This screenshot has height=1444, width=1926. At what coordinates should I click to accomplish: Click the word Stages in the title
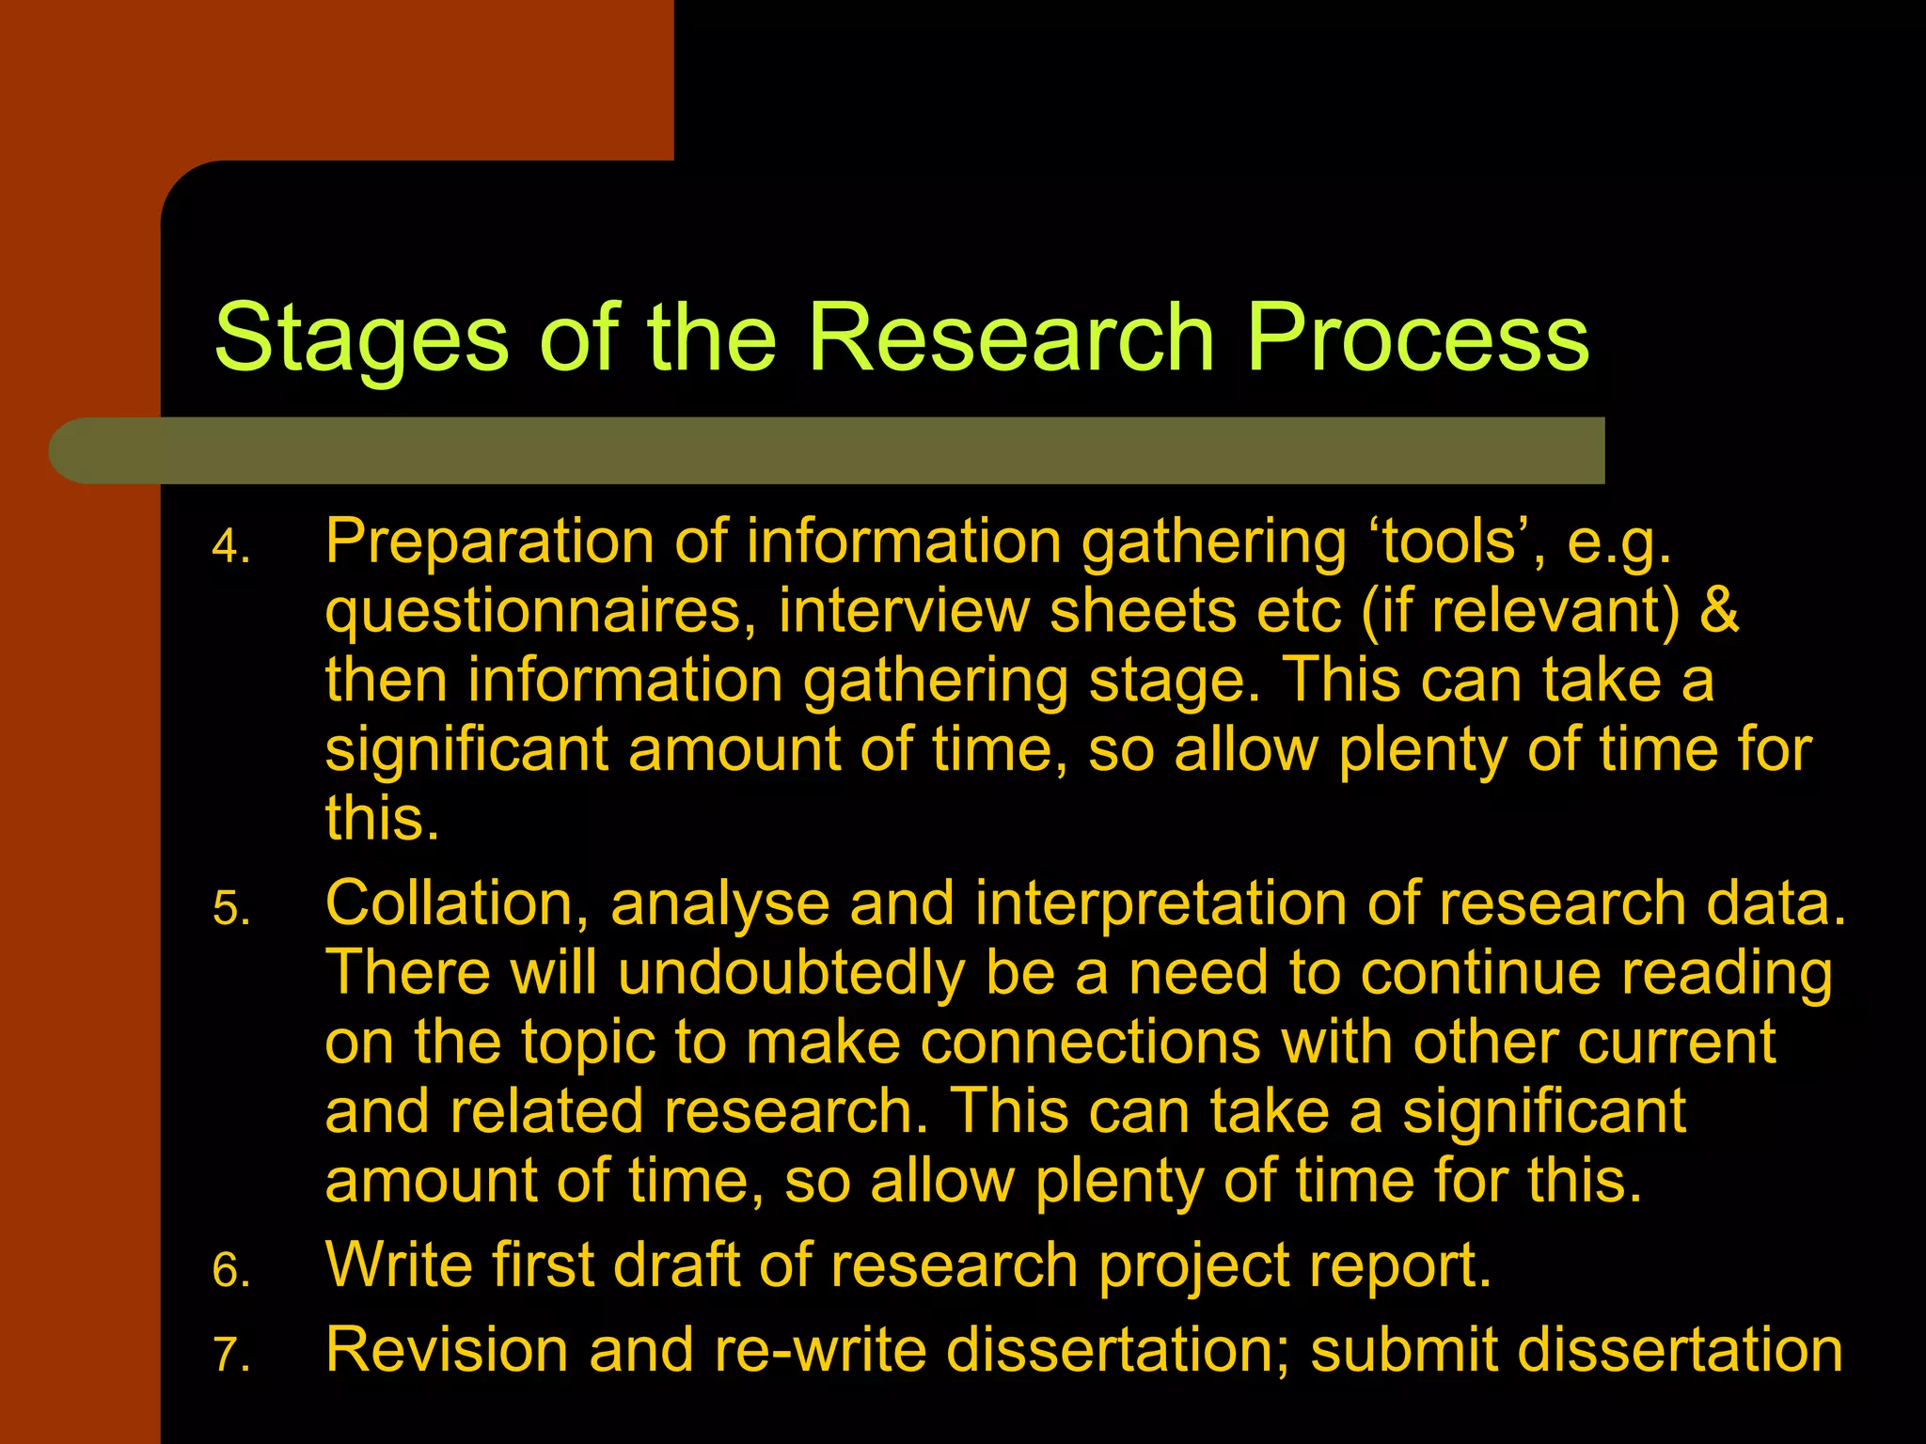coord(362,338)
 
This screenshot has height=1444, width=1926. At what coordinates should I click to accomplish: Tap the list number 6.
coord(230,1271)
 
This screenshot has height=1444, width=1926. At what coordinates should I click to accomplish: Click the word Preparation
coord(489,543)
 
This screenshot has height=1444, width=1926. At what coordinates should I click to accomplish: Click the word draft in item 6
coord(676,1265)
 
